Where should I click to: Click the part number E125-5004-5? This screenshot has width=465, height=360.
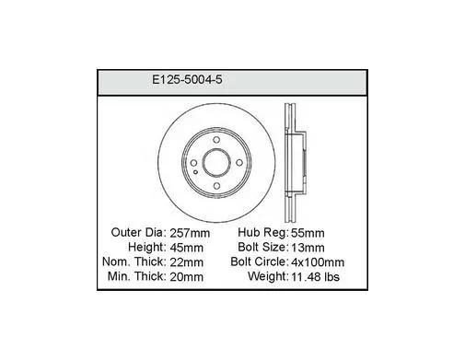(x=187, y=80)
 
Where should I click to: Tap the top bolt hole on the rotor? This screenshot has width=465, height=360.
(x=216, y=140)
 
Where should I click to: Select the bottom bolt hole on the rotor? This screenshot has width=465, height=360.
(x=216, y=186)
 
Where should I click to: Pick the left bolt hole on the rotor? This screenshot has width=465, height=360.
(x=193, y=163)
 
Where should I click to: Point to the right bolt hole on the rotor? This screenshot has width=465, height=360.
(x=239, y=163)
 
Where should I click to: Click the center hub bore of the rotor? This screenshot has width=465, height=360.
(x=216, y=163)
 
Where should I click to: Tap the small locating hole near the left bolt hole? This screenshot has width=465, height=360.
(x=196, y=172)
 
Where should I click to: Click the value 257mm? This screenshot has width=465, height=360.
(x=190, y=233)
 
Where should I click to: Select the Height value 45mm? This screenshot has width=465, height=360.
(x=186, y=248)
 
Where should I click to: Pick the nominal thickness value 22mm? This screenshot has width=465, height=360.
(x=186, y=262)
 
